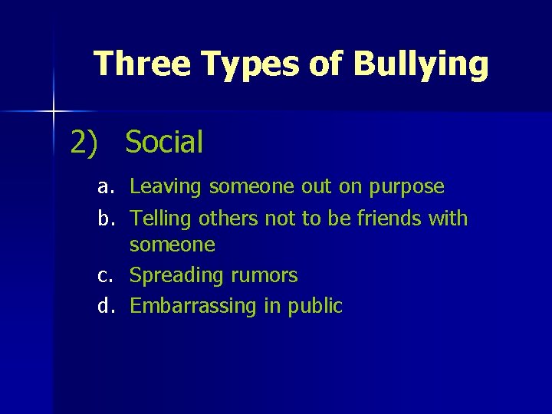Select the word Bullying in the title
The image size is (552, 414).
click(420, 65)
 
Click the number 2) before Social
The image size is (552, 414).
click(84, 142)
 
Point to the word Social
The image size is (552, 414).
click(164, 142)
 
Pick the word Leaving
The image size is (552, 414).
click(166, 187)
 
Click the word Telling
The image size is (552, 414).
click(161, 219)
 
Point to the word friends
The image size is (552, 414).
click(389, 219)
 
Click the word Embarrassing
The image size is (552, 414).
click(194, 307)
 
